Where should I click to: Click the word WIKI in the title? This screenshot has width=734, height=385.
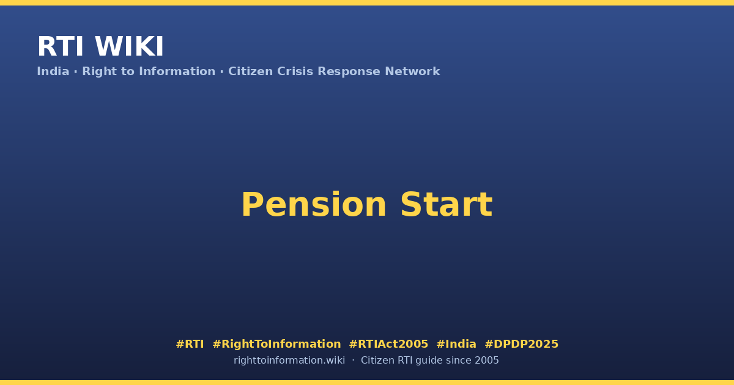pyautogui.click(x=129, y=46)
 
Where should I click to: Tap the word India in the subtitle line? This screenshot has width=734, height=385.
pyautogui.click(x=53, y=71)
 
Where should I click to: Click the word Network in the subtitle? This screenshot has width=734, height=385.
pyautogui.click(x=412, y=71)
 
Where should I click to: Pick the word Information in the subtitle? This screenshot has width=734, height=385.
pyautogui.click(x=177, y=71)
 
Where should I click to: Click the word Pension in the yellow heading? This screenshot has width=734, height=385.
pyautogui.click(x=314, y=205)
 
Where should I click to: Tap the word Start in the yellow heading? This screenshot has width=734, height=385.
pyautogui.click(x=447, y=205)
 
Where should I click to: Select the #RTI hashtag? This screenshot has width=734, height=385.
pyautogui.click(x=190, y=344)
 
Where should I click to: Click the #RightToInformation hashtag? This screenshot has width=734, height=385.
pyautogui.click(x=276, y=344)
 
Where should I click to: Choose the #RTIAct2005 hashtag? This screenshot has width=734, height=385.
pyautogui.click(x=388, y=344)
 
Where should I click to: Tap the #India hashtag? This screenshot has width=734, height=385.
pyautogui.click(x=456, y=344)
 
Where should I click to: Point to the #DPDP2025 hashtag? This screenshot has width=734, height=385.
pyautogui.click(x=521, y=344)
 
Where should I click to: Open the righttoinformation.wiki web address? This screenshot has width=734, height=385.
pyautogui.click(x=289, y=361)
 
